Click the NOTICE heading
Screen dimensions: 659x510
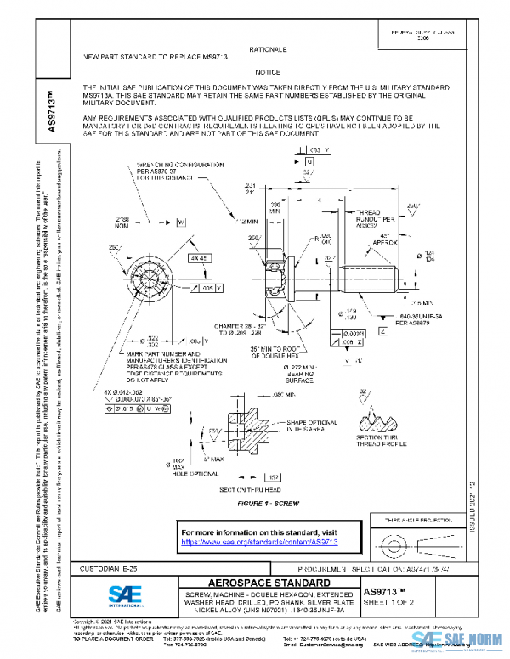[x=268, y=72]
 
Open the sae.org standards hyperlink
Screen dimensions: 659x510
[x=259, y=541]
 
